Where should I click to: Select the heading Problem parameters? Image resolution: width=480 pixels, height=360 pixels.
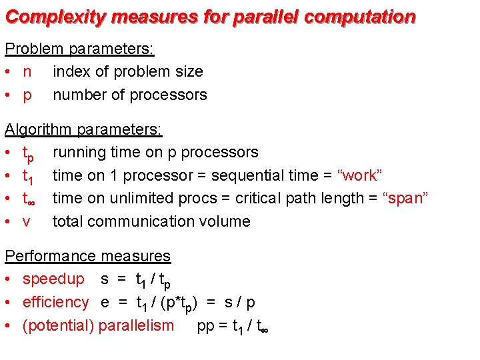coord(79,49)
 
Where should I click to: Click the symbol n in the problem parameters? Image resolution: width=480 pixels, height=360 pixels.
coord(27,72)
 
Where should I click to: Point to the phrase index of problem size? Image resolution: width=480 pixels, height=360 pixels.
coord(127,71)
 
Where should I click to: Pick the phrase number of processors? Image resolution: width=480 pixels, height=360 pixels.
coord(130,95)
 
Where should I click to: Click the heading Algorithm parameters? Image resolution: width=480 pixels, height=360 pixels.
coord(83,129)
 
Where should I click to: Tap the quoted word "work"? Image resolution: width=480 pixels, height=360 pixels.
coord(360,175)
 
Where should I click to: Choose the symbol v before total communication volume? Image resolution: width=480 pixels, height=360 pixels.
coord(27,222)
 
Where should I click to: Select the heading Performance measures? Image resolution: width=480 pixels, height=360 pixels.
coord(87,256)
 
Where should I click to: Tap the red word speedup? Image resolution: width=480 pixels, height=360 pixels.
coord(53,279)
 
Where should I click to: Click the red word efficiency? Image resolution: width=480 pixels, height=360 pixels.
coord(55,302)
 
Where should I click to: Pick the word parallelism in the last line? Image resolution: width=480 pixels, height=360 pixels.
coord(136,325)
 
